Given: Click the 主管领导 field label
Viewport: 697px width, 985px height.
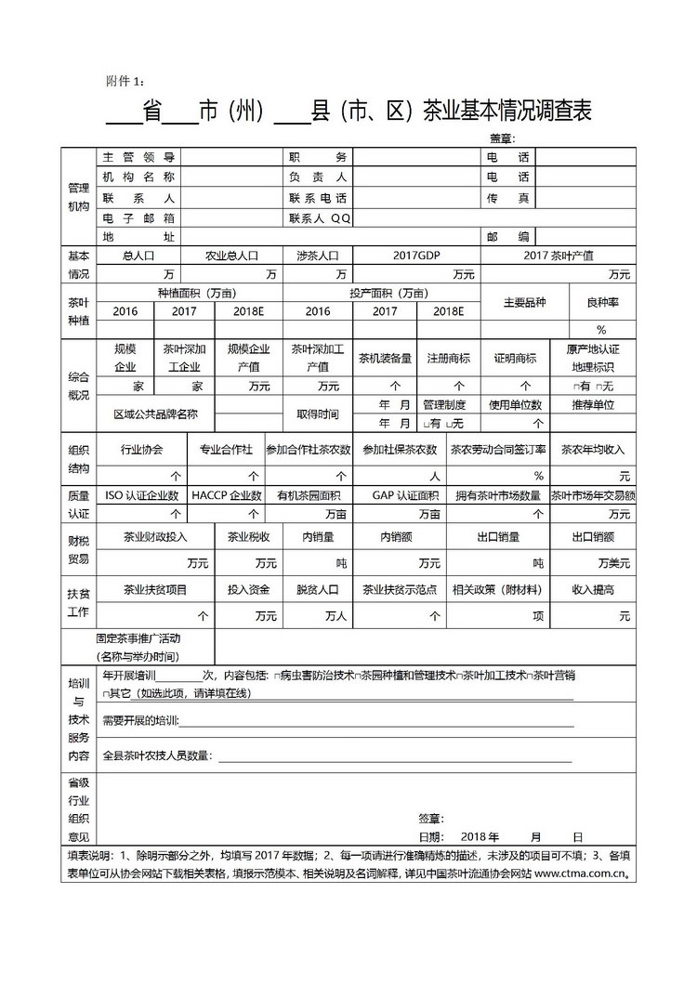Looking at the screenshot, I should pos(138,157).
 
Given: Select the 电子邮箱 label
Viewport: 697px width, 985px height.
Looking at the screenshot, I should pos(138,218).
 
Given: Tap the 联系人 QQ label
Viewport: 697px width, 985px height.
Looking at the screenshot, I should pos(320,218).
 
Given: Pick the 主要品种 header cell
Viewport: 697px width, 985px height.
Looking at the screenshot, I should pos(524,303).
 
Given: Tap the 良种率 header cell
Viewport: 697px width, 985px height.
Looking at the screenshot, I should pos(601,303).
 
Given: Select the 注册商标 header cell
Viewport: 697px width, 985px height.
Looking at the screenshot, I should pos(448,359).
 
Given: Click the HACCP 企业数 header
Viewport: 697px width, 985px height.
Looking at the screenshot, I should pos(227,495).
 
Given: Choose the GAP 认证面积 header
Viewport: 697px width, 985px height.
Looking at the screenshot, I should pos(405,495).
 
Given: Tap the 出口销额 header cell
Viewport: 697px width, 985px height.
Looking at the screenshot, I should pos(592,536).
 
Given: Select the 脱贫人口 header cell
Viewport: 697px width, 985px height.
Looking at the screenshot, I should pos(318,589).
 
